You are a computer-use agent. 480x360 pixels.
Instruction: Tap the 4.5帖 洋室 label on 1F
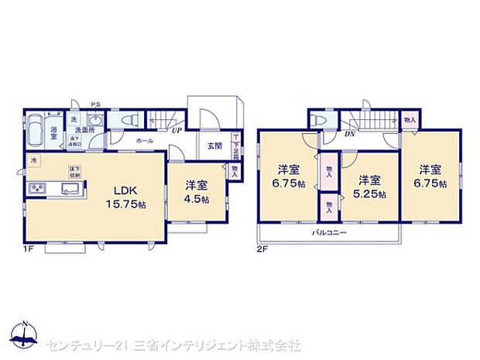pyautogui.click(x=195, y=191)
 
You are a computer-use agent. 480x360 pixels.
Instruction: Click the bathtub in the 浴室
pyautogui.click(x=35, y=132)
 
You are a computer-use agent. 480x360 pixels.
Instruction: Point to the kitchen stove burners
pyautogui.click(x=34, y=189)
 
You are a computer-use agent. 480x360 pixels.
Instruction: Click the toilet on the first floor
pyautogui.click(x=95, y=122)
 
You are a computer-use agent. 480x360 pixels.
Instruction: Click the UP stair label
pyautogui.click(x=177, y=131)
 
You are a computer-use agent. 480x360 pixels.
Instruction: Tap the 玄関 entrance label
pyautogui.click(x=213, y=146)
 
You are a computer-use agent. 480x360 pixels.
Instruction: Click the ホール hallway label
pyautogui.click(x=144, y=142)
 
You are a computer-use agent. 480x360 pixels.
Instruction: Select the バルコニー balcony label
pyautogui.click(x=330, y=233)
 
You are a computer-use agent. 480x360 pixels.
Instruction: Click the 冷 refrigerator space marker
pyautogui.click(x=33, y=160)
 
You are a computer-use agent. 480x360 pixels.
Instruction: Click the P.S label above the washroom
pyautogui.click(x=94, y=105)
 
